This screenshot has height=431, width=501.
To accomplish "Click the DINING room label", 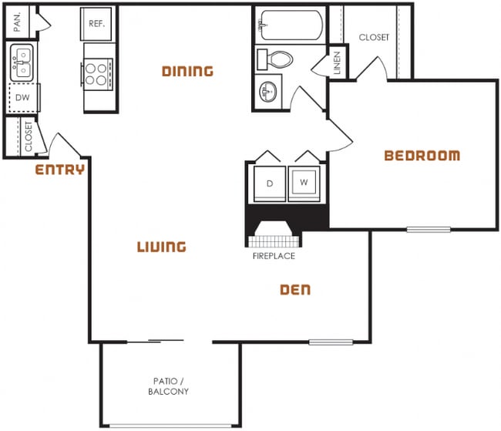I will click(x=187, y=72).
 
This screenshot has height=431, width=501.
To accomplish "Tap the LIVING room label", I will click(x=162, y=247).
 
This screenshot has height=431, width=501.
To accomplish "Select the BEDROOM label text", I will click(x=422, y=156).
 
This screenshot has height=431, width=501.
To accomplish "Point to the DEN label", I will click(x=294, y=290).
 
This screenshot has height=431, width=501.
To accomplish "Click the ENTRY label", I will click(x=60, y=170).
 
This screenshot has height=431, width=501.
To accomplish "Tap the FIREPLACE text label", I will click(x=274, y=256).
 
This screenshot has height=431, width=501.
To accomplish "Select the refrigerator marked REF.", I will click(x=97, y=24).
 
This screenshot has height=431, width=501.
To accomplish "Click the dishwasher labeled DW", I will click(x=22, y=98).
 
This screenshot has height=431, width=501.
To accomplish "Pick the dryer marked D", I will click(x=269, y=184).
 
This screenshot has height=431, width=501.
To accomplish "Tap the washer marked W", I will click(x=304, y=184).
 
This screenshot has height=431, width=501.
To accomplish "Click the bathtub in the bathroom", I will click(x=290, y=25).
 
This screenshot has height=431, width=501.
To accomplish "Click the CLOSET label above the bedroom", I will click(x=374, y=37).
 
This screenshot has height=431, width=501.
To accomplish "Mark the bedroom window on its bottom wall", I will click(x=429, y=228).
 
